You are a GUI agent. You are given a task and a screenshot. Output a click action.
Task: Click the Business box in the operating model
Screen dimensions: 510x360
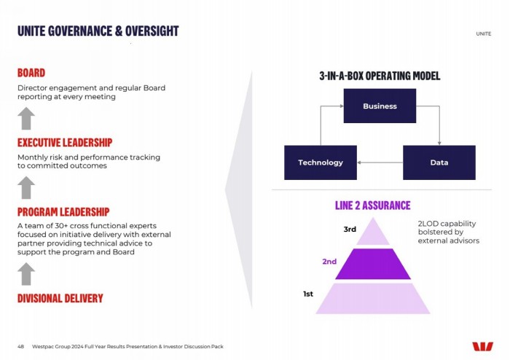(380, 106)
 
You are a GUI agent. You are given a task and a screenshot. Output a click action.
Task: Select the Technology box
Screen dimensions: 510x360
(321, 163)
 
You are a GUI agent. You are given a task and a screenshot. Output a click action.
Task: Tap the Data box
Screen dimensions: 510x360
(439, 163)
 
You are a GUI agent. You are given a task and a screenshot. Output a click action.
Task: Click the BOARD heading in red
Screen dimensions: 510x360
(31, 73)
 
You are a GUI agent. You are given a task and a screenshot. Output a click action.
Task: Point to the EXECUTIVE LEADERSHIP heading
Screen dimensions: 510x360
(65, 142)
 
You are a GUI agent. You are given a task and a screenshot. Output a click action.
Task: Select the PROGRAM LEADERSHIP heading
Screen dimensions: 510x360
(63, 212)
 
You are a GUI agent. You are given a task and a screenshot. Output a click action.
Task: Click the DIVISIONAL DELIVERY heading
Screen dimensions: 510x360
(60, 298)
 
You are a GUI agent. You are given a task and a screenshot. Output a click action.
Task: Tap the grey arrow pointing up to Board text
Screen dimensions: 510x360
(26, 118)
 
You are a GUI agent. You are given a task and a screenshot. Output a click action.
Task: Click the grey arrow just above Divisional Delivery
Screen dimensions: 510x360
(26, 274)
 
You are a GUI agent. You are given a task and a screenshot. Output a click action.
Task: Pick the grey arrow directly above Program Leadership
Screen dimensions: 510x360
(26, 187)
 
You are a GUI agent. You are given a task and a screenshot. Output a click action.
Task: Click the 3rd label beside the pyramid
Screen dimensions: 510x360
(350, 230)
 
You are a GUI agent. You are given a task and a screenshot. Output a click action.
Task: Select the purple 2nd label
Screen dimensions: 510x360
(329, 262)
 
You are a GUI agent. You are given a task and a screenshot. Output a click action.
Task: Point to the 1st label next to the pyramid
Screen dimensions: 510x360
(308, 294)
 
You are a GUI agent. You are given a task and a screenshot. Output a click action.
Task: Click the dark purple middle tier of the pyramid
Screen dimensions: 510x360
(373, 264)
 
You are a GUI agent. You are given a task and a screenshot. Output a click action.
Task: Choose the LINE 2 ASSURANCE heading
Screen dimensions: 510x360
(373, 206)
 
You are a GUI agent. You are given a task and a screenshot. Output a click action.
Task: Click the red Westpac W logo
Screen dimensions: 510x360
(482, 347)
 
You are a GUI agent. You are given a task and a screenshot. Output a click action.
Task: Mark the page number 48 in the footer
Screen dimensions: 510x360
(20, 347)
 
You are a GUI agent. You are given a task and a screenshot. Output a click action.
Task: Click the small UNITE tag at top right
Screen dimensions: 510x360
(484, 34)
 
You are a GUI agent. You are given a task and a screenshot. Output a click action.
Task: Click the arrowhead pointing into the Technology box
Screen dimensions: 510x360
(359, 163)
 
